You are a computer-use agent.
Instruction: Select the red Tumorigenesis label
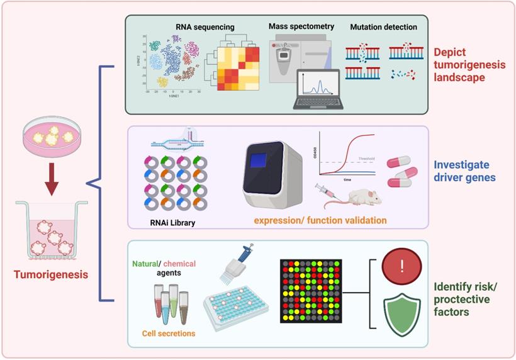click(52, 274)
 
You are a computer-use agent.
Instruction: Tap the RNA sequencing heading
click(205, 27)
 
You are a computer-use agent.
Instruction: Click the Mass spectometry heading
click(301, 27)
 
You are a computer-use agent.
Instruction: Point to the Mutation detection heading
click(383, 27)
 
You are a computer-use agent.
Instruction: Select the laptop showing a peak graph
click(317, 89)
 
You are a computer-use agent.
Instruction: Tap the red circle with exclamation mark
click(401, 267)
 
